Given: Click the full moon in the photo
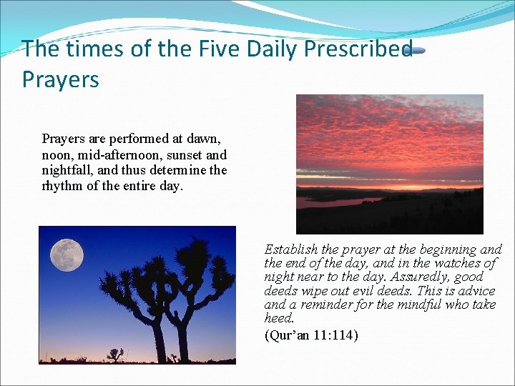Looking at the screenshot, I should tap(67, 255).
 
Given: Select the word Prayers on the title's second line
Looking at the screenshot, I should tap(61, 79).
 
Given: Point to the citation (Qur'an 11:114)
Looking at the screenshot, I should tap(311, 335).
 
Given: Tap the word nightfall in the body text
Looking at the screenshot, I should tap(66, 170).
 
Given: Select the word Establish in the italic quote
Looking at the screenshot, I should tap(290, 249).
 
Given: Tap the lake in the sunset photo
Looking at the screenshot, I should tap(336, 202).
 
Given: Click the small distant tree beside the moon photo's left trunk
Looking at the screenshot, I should tap(114, 354).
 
